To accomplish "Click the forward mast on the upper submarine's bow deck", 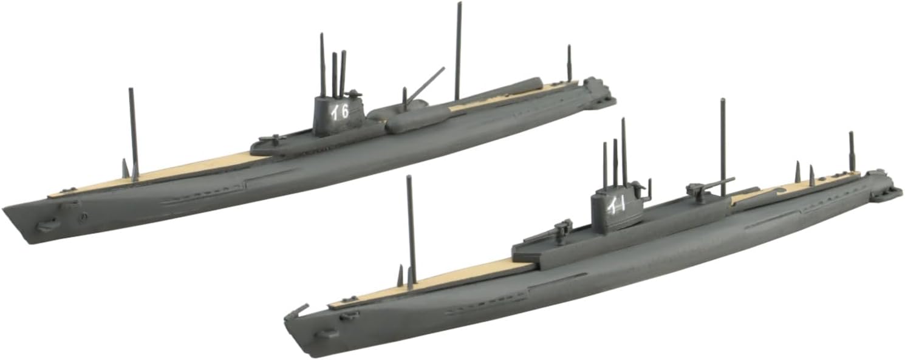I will pyautogui.click(x=133, y=134).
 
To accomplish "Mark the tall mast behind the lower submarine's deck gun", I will pyautogui.click(x=723, y=146).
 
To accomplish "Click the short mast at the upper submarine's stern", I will pyautogui.click(x=569, y=64).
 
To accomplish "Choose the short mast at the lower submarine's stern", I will pyautogui.click(x=852, y=152).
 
